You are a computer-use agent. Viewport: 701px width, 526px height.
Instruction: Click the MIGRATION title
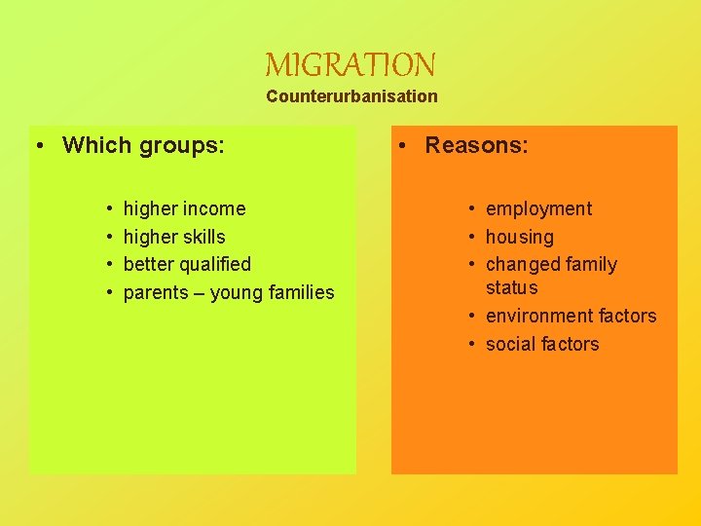[x=350, y=65]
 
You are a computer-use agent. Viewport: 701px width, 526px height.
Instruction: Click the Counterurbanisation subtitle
[x=351, y=96]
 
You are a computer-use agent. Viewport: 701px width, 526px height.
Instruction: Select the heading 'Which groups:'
[x=143, y=145]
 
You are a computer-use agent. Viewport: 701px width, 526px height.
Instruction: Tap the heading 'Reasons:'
[x=476, y=145]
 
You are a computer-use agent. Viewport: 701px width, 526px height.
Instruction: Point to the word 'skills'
[x=203, y=237]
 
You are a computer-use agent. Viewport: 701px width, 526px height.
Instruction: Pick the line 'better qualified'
[x=187, y=264]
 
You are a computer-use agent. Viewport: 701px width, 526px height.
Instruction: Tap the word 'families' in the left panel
[x=298, y=292]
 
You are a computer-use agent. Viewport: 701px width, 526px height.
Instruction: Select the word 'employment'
[x=538, y=208]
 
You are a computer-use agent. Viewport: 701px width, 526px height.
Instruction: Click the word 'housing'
[x=519, y=237]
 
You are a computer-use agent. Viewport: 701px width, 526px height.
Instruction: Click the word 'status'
[x=511, y=287]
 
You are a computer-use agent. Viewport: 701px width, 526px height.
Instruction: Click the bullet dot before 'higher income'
[x=109, y=209]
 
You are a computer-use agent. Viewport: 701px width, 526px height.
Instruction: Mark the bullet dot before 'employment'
[x=471, y=209]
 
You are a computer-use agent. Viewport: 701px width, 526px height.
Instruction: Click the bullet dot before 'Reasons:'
[x=402, y=146]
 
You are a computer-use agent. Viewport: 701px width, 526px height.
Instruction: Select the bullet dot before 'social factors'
[x=471, y=345]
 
